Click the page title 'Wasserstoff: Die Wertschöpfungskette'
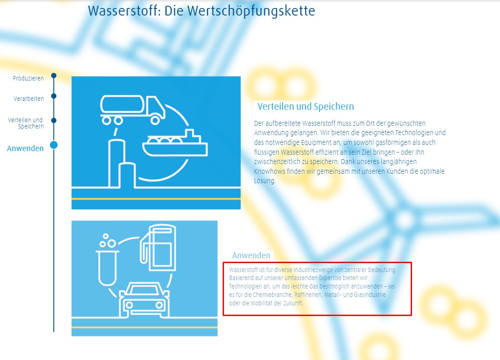pos(201,11)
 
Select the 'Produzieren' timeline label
pos(28,78)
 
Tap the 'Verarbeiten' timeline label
pos(29,99)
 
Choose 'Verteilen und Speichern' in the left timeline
pos(26,123)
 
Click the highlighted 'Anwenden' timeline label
pos(25,148)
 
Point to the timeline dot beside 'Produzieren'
pos(54,76)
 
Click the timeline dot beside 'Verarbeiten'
pos(54,96)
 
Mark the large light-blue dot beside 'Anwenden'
pos(54,145)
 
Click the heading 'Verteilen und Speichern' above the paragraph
pos(306,107)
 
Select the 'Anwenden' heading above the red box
pos(251,256)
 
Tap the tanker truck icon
pos(132,109)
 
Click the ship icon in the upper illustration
pos(175,143)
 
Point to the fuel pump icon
pos(158,248)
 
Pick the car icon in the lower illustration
pos(144,300)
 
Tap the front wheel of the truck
pos(155,120)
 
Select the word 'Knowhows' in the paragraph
pos(269,171)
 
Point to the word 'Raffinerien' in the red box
pos(308,295)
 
